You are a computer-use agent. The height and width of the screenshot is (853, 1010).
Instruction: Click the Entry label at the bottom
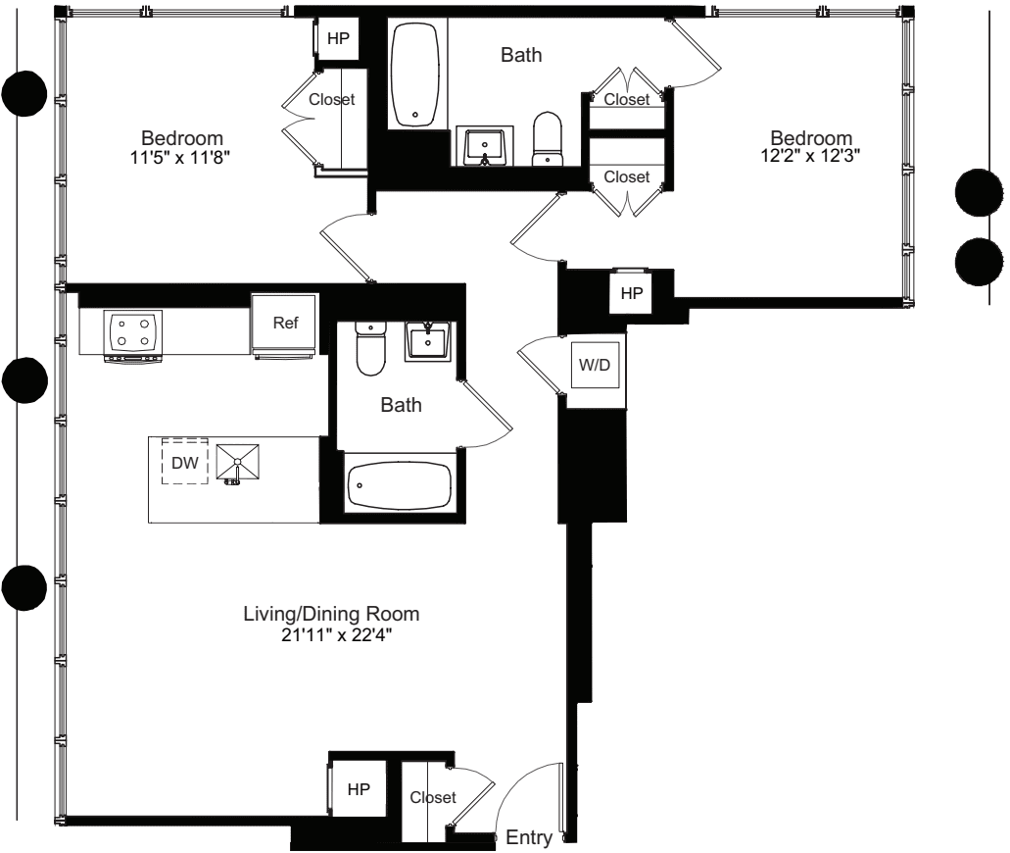pyautogui.click(x=529, y=838)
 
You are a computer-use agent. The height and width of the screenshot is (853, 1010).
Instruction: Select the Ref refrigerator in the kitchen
pyautogui.click(x=285, y=324)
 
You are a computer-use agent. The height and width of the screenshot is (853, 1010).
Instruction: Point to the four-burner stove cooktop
pyautogui.click(x=132, y=330)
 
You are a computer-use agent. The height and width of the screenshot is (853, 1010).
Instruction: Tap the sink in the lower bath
pyautogui.click(x=428, y=340)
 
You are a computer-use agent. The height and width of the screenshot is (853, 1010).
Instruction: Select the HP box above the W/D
pyautogui.click(x=631, y=292)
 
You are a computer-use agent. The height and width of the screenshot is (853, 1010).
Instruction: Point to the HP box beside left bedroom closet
pyautogui.click(x=337, y=38)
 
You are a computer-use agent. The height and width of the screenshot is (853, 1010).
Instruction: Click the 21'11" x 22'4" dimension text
pyautogui.click(x=332, y=635)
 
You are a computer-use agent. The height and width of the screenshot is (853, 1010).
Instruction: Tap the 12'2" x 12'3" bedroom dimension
pyautogui.click(x=810, y=156)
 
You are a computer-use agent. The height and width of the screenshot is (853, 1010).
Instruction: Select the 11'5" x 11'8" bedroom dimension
pyautogui.click(x=182, y=156)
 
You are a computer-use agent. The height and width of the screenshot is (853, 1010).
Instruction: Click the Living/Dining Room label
pyautogui.click(x=331, y=615)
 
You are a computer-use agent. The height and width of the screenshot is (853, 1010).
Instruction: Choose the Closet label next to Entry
pyautogui.click(x=432, y=798)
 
